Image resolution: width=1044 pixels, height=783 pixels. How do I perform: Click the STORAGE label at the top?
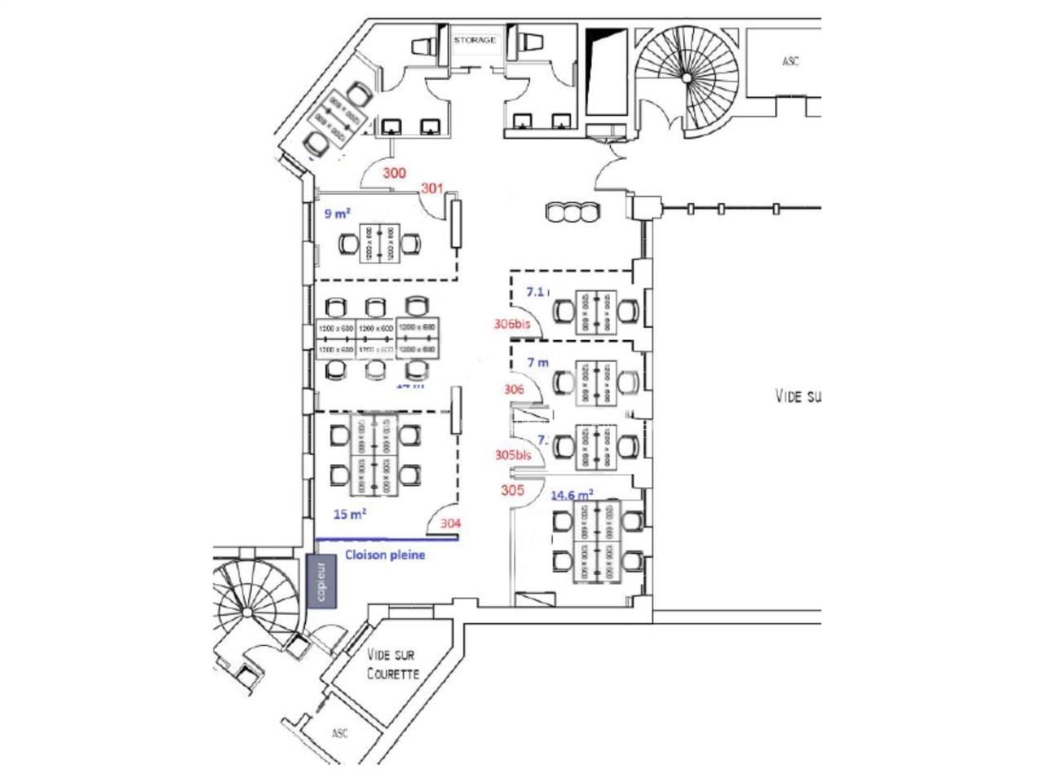pos(474,40)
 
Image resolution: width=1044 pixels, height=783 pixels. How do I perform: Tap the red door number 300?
pos(395,173)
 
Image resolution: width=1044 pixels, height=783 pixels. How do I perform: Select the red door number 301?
pos(431,188)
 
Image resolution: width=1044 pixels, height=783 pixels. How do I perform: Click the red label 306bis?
pos(512,324)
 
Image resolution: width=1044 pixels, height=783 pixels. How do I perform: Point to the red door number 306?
pos(514,390)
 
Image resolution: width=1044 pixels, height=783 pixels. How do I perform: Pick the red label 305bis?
pos(513,455)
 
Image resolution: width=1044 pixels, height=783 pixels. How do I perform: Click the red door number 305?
pos(512,490)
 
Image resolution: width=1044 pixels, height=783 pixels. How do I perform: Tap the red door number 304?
pos(451,524)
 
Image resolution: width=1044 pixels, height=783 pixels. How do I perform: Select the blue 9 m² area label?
pos(338,214)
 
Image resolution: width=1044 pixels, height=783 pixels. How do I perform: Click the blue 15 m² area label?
pos(350,514)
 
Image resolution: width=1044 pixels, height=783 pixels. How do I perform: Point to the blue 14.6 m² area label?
pos(572,494)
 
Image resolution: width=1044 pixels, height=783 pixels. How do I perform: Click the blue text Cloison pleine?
pos(385,555)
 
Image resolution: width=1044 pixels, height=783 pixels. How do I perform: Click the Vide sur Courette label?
pos(392,664)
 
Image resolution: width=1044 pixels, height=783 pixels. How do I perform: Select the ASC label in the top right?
pos(790,61)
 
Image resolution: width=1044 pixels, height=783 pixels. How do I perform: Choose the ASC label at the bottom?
pos(339,733)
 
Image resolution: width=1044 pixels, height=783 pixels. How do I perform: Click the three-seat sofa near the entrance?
pos(573,213)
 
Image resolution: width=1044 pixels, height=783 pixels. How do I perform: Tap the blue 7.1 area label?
pos(537,291)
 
